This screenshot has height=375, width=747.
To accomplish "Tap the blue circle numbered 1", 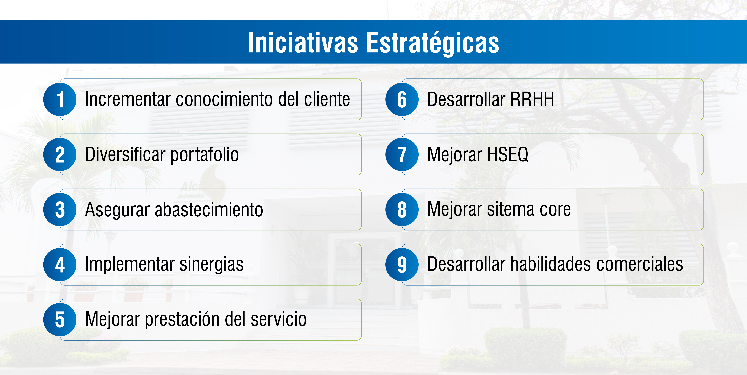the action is pos(60,99).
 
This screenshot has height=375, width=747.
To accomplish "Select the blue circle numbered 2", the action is pos(60,154).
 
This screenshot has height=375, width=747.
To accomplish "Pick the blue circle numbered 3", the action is pos(60,209).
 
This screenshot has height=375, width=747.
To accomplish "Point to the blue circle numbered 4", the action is pos(60,265).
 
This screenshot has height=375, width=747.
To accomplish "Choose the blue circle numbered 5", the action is pos(60,320).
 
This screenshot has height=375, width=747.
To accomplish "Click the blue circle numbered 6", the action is pos(402,99).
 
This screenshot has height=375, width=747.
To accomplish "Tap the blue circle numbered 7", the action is pos(402,154).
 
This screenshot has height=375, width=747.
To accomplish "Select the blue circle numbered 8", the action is pos(402,209).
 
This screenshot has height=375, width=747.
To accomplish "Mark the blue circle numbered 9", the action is pos(402,265).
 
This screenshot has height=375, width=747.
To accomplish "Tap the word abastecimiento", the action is pos(209,209).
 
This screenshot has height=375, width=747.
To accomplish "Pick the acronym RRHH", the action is pos(532,99).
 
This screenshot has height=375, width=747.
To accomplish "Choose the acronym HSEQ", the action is pos(507,154).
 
